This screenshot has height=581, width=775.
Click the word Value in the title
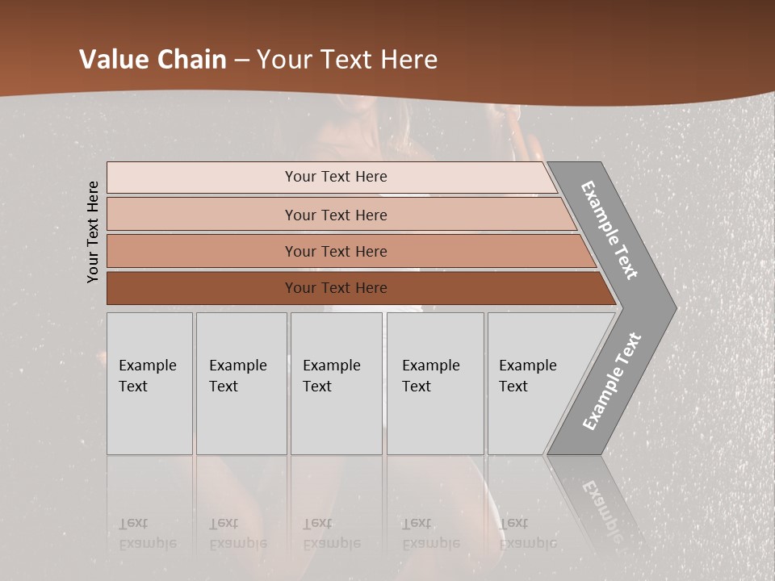[x=113, y=60]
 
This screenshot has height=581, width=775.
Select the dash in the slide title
[x=241, y=60]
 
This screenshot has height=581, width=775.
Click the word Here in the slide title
[x=408, y=60]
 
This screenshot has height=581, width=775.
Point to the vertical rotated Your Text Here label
[x=93, y=232]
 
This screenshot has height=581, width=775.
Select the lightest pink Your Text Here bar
[x=335, y=177]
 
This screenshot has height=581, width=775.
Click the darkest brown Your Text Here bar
[x=335, y=288]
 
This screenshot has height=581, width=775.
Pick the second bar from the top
[x=335, y=215]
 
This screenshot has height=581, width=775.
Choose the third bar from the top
[x=335, y=251]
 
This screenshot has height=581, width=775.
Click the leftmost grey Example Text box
[x=149, y=383]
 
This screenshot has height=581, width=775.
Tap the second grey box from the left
[x=241, y=383]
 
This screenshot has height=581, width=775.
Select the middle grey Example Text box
[x=336, y=383]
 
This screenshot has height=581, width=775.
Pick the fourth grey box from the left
[x=435, y=383]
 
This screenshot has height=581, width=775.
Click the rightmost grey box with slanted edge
[x=533, y=383]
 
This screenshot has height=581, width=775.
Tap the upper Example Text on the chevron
[x=610, y=231]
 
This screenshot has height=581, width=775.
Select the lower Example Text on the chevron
[x=612, y=381]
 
